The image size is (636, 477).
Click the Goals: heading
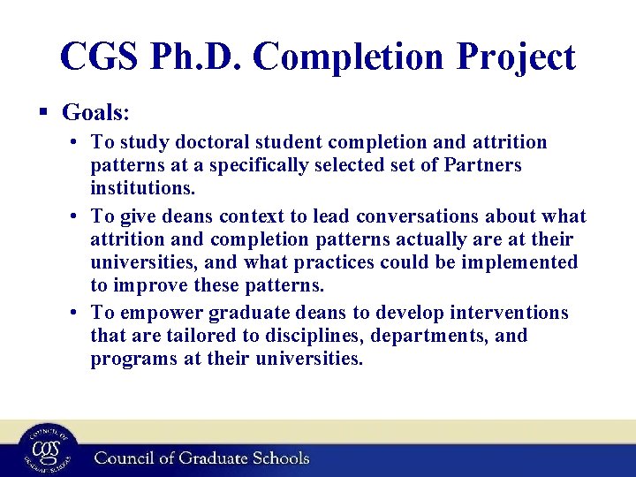tap(96, 112)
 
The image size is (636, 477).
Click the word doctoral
tap(211, 142)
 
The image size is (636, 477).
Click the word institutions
tap(143, 188)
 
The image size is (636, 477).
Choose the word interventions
tap(506, 314)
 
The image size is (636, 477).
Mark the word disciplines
tap(302, 337)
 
